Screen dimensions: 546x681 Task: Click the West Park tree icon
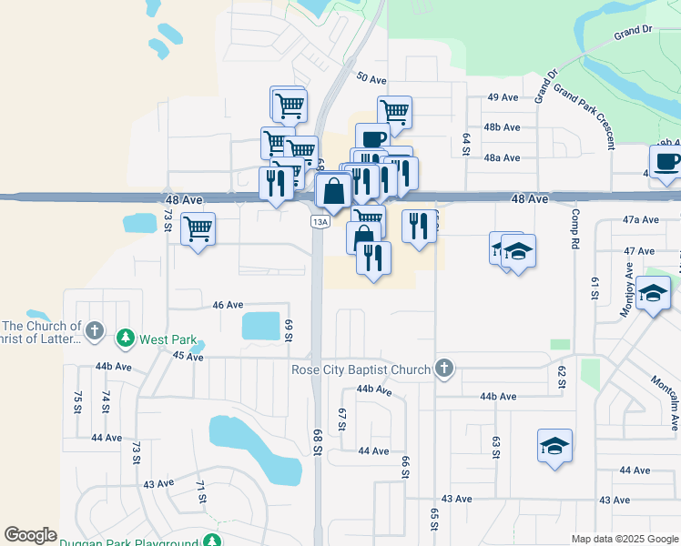coord(126,339)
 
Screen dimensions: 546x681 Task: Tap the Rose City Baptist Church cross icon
coord(443,369)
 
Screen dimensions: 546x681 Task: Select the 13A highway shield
coord(319,221)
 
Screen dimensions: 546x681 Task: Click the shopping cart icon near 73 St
coord(198,228)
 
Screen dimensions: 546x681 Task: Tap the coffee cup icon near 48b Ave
coord(371,139)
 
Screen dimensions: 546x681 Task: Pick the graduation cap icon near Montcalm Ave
coord(652,294)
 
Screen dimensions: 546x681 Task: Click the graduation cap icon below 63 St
coord(554,446)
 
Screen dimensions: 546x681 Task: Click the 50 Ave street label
coord(372,78)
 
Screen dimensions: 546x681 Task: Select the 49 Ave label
coord(503,97)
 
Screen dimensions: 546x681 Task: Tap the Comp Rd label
coord(574,227)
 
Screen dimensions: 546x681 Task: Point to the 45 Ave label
coord(188,357)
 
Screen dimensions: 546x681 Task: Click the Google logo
coord(30,535)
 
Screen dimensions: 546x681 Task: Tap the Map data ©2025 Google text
coord(624,539)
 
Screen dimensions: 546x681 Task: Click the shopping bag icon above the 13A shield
coord(334,192)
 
